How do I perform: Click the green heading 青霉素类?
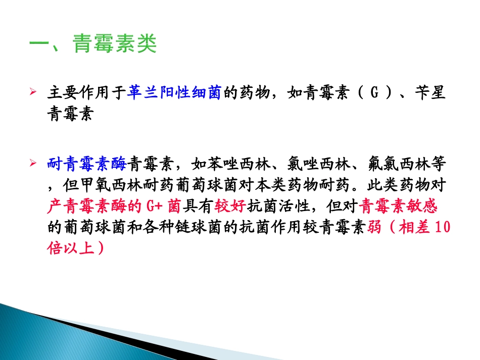pos(115,45)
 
